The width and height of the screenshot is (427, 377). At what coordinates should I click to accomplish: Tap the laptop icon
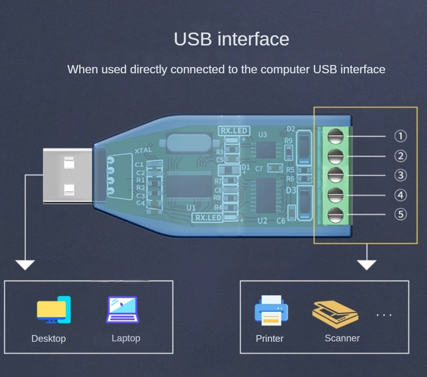[122, 310]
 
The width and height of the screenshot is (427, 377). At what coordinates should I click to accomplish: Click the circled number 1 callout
[400, 136]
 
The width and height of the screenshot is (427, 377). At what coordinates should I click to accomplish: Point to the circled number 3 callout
[400, 175]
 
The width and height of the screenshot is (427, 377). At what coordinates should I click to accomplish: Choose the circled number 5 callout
[400, 214]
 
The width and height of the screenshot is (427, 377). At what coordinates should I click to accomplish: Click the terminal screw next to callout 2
[336, 156]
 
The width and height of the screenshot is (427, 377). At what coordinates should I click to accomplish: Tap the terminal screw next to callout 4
[336, 195]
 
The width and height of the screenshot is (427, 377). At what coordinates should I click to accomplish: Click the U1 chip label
[191, 207]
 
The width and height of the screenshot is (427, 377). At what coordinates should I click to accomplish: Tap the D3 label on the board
[291, 190]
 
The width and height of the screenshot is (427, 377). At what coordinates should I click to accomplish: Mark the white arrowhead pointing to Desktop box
[25, 265]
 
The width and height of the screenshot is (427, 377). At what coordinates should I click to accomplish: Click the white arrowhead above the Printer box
[367, 265]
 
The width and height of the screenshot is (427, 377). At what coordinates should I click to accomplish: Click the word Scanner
[342, 338]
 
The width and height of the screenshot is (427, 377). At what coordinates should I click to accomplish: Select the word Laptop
[126, 338]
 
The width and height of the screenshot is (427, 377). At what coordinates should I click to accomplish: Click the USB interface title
[232, 39]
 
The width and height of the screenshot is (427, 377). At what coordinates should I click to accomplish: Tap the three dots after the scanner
[384, 315]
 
